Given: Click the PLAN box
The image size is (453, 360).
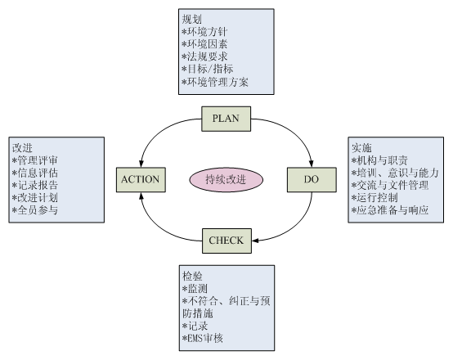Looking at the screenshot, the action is (x=226, y=119).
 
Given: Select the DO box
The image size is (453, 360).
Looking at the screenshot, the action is (x=312, y=179).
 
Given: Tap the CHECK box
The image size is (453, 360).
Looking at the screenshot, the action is (x=226, y=241).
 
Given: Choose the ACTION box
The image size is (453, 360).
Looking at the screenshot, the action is (x=141, y=179).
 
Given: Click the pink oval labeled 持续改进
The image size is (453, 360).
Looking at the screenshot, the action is (x=226, y=179).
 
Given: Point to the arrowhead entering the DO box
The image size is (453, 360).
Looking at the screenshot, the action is (x=312, y=163).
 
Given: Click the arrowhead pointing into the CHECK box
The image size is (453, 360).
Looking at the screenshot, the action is (x=255, y=241).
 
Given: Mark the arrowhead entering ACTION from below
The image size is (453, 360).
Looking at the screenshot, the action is (x=141, y=196).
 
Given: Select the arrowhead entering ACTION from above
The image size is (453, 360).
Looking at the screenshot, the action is (x=141, y=163).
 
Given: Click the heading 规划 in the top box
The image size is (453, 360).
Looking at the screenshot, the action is (x=191, y=19).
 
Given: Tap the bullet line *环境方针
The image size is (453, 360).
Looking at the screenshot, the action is (x=204, y=32).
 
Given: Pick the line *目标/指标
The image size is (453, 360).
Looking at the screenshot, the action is (x=208, y=69).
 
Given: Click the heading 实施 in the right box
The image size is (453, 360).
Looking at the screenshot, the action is (x=361, y=147).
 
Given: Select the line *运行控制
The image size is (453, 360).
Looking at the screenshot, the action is (x=375, y=197).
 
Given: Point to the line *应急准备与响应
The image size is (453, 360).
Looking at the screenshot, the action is (x=390, y=210).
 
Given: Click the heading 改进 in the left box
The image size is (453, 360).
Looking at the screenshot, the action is (x=22, y=147).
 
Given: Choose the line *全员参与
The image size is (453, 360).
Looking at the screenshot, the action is (x=35, y=210).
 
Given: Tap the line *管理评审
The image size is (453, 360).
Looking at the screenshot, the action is (x=35, y=160).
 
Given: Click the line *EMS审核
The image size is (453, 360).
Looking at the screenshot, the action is (x=203, y=338).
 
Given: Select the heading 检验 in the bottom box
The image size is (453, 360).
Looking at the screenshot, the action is (x=192, y=276).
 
